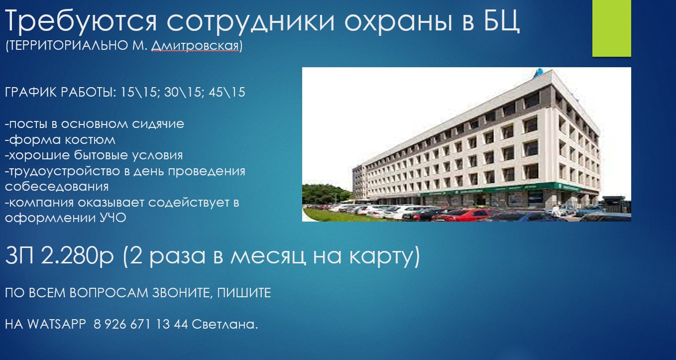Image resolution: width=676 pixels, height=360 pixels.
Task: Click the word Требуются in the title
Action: [81, 21]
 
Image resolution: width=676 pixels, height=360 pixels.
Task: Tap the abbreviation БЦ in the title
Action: [502, 20]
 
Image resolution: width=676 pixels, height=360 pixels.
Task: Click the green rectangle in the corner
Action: [611, 28]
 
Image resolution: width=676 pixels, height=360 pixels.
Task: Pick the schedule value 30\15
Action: [183, 92]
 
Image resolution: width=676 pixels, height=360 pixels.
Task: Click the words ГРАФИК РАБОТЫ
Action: [60, 92]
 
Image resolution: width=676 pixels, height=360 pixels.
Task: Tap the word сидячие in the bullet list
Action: [158, 124]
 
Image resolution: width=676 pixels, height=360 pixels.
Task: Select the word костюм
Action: [90, 140]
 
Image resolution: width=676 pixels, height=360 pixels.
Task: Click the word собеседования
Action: [57, 187]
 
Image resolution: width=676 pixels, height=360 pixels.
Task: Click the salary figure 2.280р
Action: [77, 256]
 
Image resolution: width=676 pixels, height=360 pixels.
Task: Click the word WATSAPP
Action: [57, 324]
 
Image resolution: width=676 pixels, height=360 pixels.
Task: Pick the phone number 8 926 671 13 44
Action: [141, 324]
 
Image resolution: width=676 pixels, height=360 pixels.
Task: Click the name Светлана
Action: [224, 324]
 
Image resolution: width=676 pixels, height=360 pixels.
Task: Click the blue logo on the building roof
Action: [539, 73]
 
